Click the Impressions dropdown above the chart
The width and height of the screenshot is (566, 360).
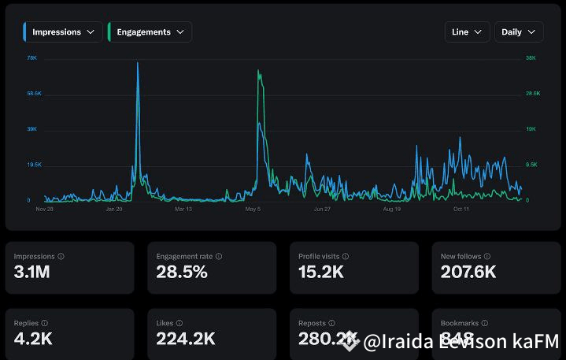(x=62, y=32)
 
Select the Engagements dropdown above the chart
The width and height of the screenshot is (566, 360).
(x=150, y=32)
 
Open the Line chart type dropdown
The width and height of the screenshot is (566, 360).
(x=467, y=32)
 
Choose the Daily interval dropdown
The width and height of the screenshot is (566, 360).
(x=518, y=32)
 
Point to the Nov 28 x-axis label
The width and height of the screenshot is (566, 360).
(x=45, y=210)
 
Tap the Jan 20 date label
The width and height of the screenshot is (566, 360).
(x=114, y=210)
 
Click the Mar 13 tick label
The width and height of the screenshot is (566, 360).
(x=183, y=210)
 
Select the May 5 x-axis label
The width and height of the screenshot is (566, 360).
(x=253, y=210)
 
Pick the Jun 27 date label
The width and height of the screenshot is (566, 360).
(x=322, y=210)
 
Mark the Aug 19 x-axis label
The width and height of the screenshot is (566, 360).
(x=391, y=210)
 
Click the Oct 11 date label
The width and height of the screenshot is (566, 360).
(x=461, y=210)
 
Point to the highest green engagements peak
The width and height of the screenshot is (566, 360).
(x=259, y=72)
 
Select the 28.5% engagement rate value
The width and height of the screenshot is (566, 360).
(x=182, y=273)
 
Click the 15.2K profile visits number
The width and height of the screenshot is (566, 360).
(x=321, y=273)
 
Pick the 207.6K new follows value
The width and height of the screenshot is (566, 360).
(x=468, y=273)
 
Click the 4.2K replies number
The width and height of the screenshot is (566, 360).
(x=33, y=339)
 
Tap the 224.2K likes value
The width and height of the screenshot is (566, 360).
(x=186, y=339)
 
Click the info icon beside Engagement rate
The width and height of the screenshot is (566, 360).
(x=219, y=256)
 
